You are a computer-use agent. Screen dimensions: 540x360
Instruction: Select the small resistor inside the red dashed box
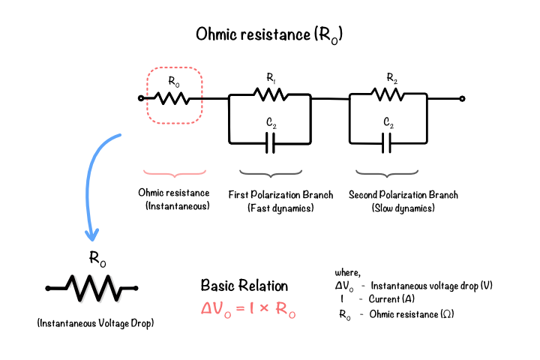pos(172,98)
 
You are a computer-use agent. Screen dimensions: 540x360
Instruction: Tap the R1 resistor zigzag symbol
pos(271,94)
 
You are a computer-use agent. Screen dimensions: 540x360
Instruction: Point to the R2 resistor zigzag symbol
pos(388,94)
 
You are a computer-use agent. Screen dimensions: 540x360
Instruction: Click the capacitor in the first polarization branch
pos(270,143)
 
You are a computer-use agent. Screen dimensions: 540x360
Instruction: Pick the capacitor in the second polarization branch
pos(387,143)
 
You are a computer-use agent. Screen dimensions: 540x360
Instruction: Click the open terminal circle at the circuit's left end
pos(141,98)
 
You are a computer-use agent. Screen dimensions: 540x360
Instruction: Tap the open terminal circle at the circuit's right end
pos(462,99)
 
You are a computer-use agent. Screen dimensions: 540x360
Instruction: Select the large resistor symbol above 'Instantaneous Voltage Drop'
pos(92,288)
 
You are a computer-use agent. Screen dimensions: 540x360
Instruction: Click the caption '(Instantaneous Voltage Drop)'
pos(95,323)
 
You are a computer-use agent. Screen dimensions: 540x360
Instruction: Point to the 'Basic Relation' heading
pos(244,286)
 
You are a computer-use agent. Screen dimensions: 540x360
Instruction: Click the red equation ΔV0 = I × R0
pos(248,309)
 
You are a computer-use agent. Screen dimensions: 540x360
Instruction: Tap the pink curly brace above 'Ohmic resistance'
pos(175,173)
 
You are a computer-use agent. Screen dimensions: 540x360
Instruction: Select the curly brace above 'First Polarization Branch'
pos(271,173)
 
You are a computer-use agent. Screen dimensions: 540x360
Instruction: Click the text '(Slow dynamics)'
pos(403,208)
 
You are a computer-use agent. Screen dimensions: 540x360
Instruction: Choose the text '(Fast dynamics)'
pos(280,208)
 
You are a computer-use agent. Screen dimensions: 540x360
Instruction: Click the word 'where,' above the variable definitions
pos(347,273)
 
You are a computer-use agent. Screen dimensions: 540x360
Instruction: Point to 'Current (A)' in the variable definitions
pos(391,298)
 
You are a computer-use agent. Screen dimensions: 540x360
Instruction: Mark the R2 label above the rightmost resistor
pos(392,78)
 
